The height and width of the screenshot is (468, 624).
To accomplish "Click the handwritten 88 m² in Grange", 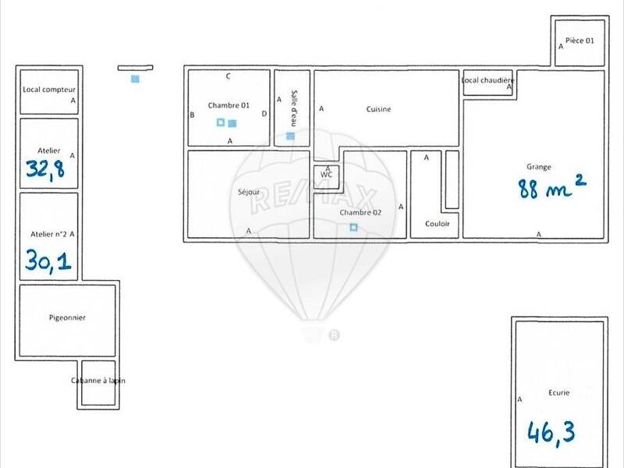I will pyautogui.click(x=551, y=187).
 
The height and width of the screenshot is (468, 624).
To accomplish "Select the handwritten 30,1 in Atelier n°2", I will pyautogui.click(x=48, y=259).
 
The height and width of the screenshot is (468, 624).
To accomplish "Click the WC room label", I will pyautogui.click(x=326, y=175).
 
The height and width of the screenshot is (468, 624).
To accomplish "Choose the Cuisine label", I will pyautogui.click(x=378, y=109).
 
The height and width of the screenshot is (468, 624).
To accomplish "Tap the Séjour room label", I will pyautogui.click(x=248, y=193).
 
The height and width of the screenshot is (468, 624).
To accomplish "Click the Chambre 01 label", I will pyautogui.click(x=229, y=105).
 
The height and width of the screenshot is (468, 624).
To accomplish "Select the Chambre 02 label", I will pyautogui.click(x=360, y=212).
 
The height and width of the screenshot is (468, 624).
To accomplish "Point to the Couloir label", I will pyautogui.click(x=438, y=224).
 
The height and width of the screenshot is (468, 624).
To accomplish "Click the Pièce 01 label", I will pyautogui.click(x=579, y=41).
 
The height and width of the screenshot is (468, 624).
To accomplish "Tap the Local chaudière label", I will pyautogui.click(x=487, y=80).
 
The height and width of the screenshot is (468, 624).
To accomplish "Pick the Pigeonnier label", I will pyautogui.click(x=67, y=317).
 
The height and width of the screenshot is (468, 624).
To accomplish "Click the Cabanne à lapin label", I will pyautogui.click(x=97, y=381).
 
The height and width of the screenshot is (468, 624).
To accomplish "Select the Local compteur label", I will pyautogui.click(x=48, y=90).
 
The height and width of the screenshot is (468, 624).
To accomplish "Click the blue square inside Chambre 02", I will pyautogui.click(x=353, y=227).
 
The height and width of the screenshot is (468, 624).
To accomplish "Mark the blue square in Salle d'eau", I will pyautogui.click(x=290, y=136).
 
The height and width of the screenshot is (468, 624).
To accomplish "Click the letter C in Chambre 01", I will pyautogui.click(x=228, y=76).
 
